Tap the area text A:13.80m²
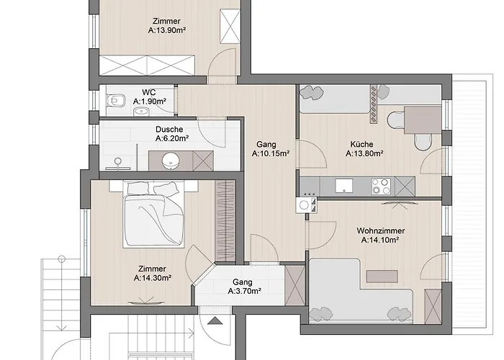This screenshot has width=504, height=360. (x=364, y=153)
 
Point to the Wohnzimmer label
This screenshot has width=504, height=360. (x=380, y=231)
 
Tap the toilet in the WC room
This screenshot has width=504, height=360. (x=118, y=100)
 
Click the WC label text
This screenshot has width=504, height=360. (x=149, y=92)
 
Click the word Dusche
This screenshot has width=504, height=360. (x=168, y=130)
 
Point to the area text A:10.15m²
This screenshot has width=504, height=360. (x=271, y=153)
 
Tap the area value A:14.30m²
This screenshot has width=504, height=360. (x=153, y=278)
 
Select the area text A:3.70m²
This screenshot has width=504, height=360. (x=244, y=292)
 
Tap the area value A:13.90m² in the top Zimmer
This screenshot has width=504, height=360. (x=167, y=31)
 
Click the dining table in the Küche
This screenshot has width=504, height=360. (x=423, y=120)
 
